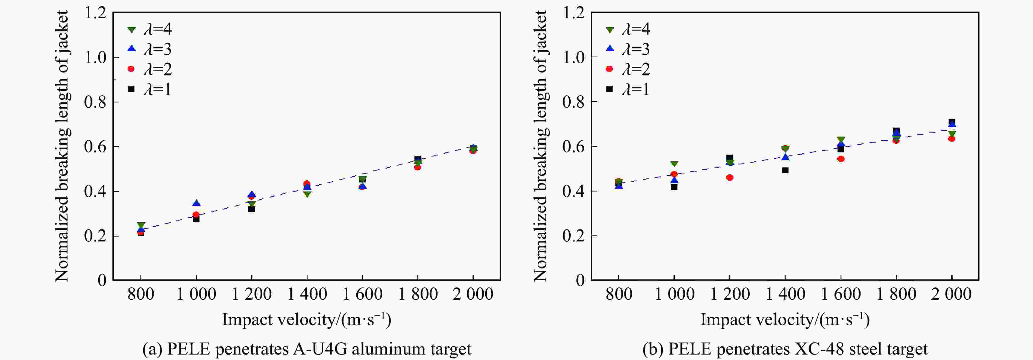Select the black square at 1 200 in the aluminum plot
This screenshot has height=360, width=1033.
pyautogui.click(x=251, y=209)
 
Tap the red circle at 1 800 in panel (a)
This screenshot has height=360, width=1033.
pyautogui.click(x=418, y=167)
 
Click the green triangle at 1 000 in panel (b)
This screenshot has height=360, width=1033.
pyautogui.click(x=674, y=164)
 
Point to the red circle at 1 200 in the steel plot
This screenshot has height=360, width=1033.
pyautogui.click(x=729, y=178)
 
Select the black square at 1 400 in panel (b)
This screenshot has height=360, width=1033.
pyautogui.click(x=785, y=170)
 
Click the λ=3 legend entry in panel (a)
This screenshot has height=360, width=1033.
pyautogui.click(x=149, y=49)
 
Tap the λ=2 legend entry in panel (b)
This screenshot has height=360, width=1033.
pyautogui.click(x=627, y=69)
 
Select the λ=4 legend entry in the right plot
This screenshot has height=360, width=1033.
pyautogui.click(x=627, y=29)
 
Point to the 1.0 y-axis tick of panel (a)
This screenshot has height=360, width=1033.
pyautogui.click(x=95, y=57)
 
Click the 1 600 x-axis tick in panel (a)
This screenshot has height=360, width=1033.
pyautogui.click(x=362, y=294)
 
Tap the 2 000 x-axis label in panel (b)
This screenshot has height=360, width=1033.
pyautogui.click(x=951, y=294)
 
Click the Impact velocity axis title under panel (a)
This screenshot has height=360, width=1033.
pyautogui.click(x=307, y=320)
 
